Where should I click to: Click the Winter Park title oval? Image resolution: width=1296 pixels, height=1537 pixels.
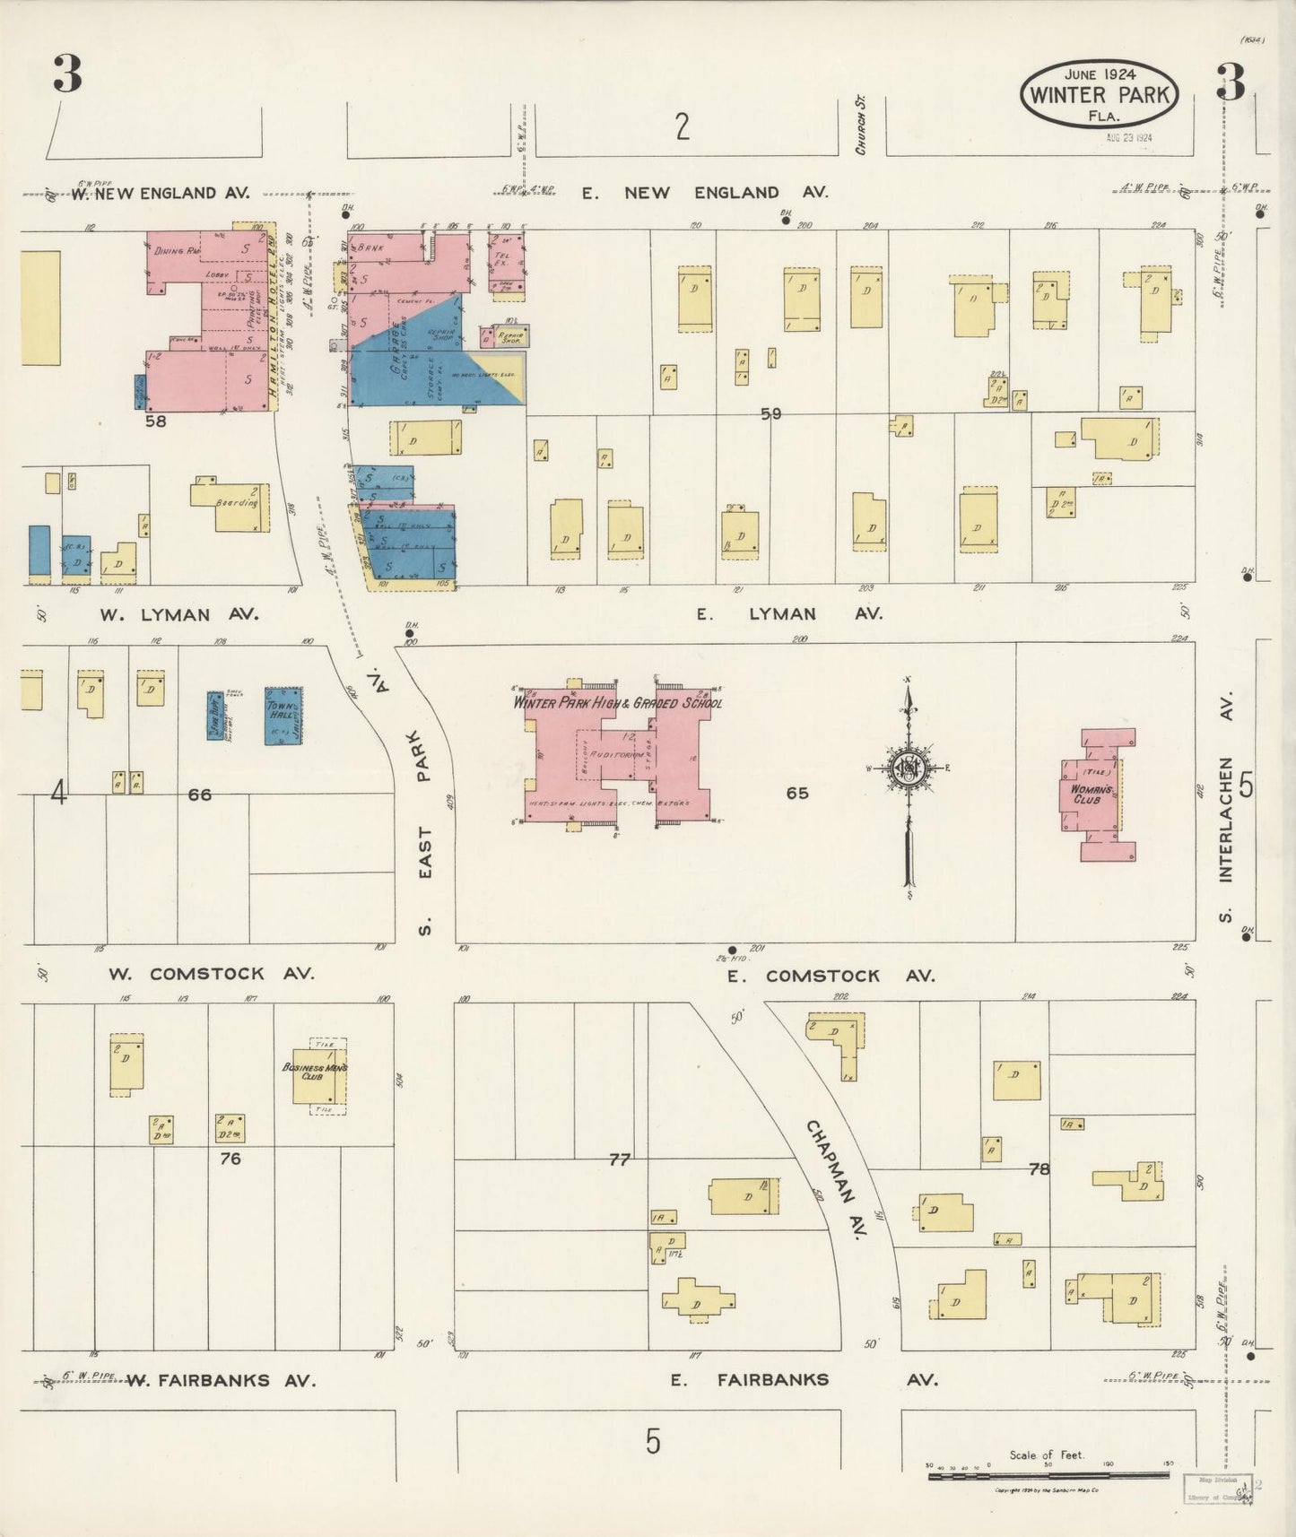tap(1099, 94)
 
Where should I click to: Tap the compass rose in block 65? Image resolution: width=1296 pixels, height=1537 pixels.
tap(908, 768)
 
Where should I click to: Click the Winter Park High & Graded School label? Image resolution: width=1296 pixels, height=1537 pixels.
tap(617, 703)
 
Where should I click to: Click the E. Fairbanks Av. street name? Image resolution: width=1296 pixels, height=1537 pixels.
tap(803, 1380)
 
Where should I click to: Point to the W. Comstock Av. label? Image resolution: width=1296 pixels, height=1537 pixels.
tap(211, 974)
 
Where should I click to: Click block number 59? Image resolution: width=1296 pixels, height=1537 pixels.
tap(770, 413)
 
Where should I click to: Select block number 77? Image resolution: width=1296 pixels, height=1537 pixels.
tap(619, 1160)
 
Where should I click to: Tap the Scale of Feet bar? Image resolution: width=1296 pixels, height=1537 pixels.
tap(1048, 1475)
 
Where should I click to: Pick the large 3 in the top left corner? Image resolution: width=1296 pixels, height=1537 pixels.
tap(67, 74)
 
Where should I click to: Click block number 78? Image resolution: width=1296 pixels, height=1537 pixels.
tap(1039, 1169)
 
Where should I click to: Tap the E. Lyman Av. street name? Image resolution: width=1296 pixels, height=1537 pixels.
tap(789, 614)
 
